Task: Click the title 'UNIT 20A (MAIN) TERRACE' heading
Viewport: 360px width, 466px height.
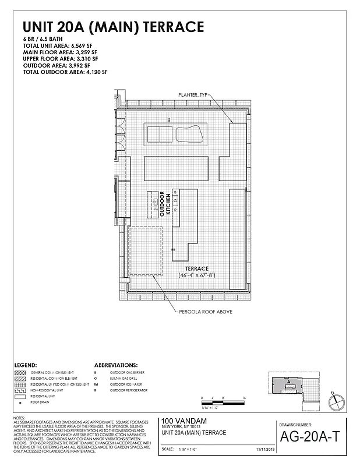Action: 113,27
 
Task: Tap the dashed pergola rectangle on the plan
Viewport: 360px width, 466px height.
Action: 144,251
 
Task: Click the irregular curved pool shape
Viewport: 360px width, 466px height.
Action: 190,134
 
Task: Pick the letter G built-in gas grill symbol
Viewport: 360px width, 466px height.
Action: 175,201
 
